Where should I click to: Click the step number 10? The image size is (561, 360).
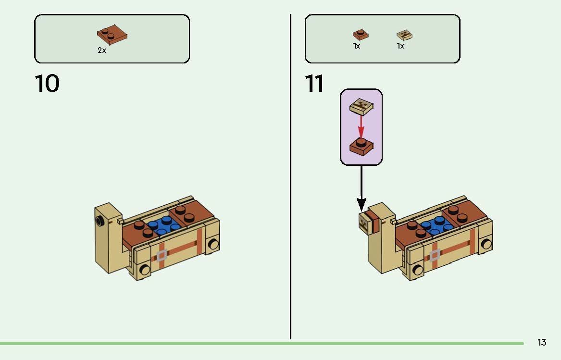(x=47, y=84)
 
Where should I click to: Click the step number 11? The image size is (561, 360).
(x=314, y=84)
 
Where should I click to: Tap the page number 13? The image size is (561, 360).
(x=542, y=343)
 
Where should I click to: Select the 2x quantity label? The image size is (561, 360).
(x=102, y=50)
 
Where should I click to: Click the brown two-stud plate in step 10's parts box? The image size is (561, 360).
(x=112, y=35)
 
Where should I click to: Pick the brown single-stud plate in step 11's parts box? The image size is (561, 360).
(x=361, y=35)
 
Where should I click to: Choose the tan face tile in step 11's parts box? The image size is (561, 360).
(x=404, y=35)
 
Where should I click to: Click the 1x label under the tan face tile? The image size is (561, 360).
(x=401, y=46)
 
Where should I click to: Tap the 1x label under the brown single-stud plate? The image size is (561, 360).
(x=357, y=46)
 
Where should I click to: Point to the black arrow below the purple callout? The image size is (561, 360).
(x=362, y=188)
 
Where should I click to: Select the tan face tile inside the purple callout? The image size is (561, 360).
(x=362, y=107)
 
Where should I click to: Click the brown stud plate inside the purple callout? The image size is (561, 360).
(x=362, y=147)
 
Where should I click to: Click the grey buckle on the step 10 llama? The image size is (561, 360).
(x=162, y=255)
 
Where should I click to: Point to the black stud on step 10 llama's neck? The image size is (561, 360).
(x=99, y=222)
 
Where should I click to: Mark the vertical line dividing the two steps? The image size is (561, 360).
(x=290, y=176)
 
